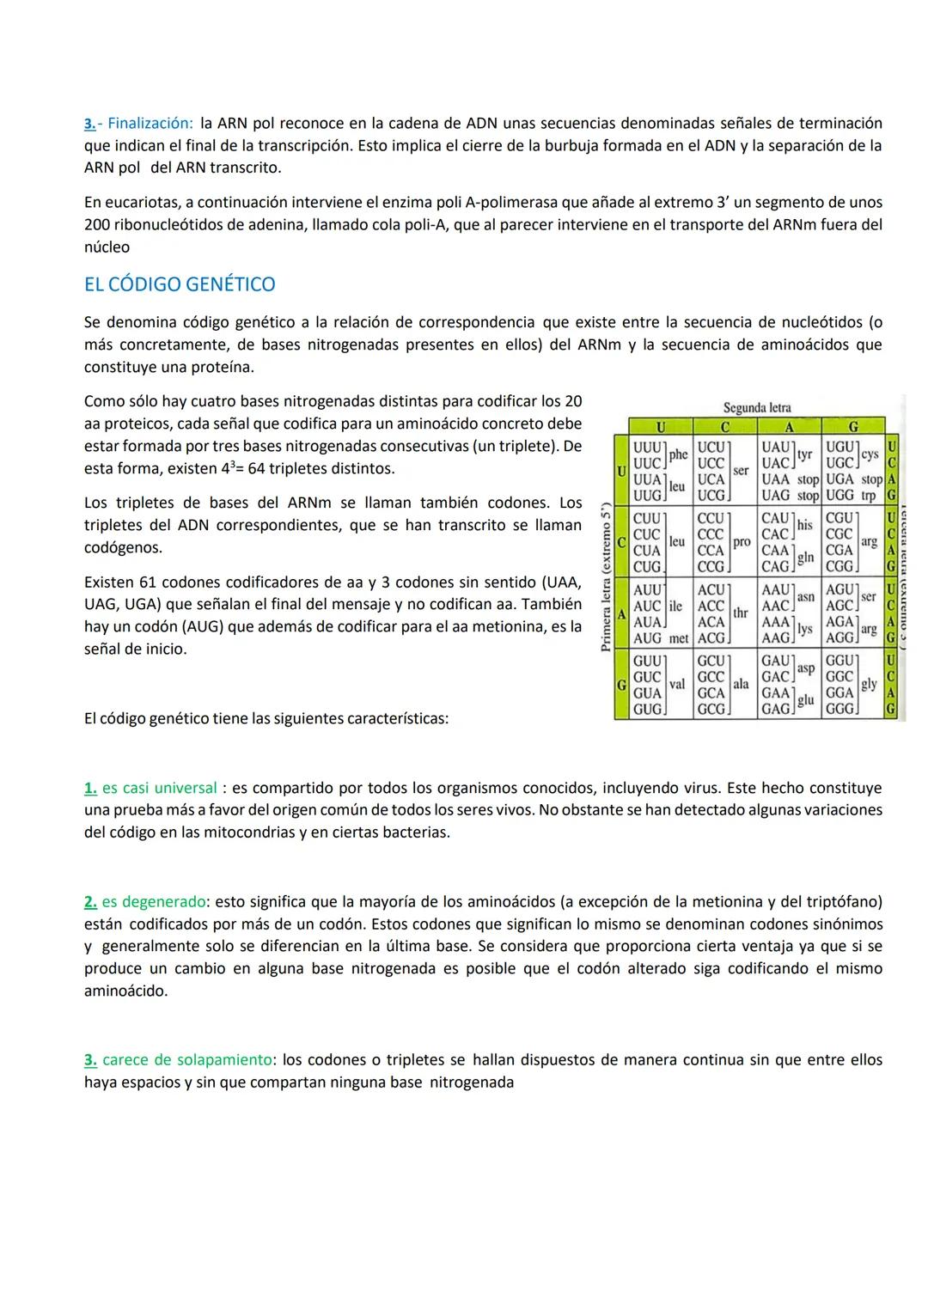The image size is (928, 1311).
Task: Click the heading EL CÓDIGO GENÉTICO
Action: click(x=180, y=284)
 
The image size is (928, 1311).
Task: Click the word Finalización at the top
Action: click(x=150, y=123)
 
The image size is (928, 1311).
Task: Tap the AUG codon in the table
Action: click(x=647, y=638)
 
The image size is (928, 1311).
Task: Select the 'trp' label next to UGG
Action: click(x=869, y=496)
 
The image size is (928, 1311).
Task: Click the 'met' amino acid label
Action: click(x=679, y=638)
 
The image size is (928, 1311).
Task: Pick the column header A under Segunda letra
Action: click(x=789, y=425)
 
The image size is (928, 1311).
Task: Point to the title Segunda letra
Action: click(x=757, y=407)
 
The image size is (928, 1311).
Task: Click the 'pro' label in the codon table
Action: click(x=741, y=542)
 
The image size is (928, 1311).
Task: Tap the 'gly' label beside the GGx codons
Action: click(x=869, y=684)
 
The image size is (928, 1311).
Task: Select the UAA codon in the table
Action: click(x=776, y=479)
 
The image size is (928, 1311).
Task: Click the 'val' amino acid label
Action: click(x=677, y=685)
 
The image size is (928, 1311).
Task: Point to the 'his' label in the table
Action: click(x=804, y=524)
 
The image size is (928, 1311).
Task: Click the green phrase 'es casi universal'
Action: click(x=159, y=788)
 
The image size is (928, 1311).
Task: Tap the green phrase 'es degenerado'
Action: click(x=154, y=902)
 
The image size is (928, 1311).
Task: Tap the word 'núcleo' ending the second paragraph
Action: click(x=107, y=247)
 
